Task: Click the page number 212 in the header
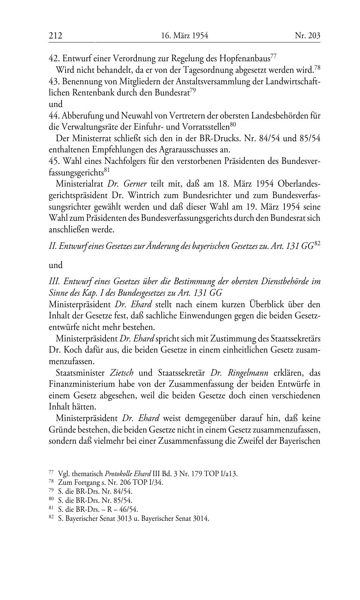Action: (56, 36)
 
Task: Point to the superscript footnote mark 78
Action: (317, 67)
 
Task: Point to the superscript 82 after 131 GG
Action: (317, 243)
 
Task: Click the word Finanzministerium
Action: (82, 384)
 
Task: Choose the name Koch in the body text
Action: (73, 350)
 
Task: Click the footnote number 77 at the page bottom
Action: (51, 472)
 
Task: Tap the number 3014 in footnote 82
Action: (200, 519)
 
